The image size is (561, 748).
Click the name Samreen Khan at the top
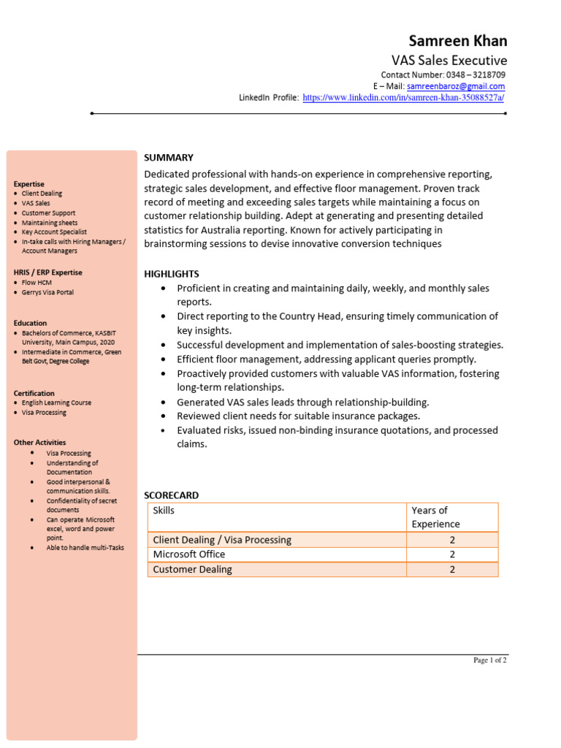[x=457, y=40]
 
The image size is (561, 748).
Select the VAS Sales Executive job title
[x=449, y=61]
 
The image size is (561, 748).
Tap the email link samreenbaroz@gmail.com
[x=456, y=86]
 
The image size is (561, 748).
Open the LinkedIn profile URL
[x=403, y=97]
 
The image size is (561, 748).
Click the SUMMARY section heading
[x=169, y=157]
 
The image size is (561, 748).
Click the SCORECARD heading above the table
[x=171, y=495]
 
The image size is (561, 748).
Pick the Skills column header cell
[x=164, y=511]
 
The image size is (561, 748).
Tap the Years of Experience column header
[x=435, y=517]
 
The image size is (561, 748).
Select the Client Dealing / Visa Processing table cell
[x=222, y=540]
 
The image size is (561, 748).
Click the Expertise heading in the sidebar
[x=28, y=184]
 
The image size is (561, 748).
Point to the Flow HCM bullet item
[x=37, y=282]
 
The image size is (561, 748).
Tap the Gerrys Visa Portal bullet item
[x=47, y=292]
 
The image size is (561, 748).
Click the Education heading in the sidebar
[x=30, y=323]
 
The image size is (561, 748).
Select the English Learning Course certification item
[x=56, y=402]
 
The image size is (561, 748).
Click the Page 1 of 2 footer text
[x=489, y=660]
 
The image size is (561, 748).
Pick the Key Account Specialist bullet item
[x=55, y=232]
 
